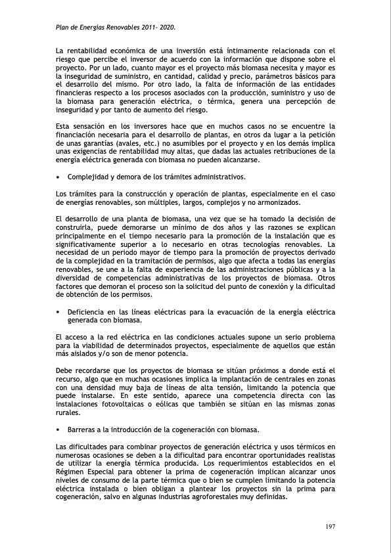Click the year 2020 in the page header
166,29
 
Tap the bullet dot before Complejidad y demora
58,177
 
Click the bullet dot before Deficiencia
58,311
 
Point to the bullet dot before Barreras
58,430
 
